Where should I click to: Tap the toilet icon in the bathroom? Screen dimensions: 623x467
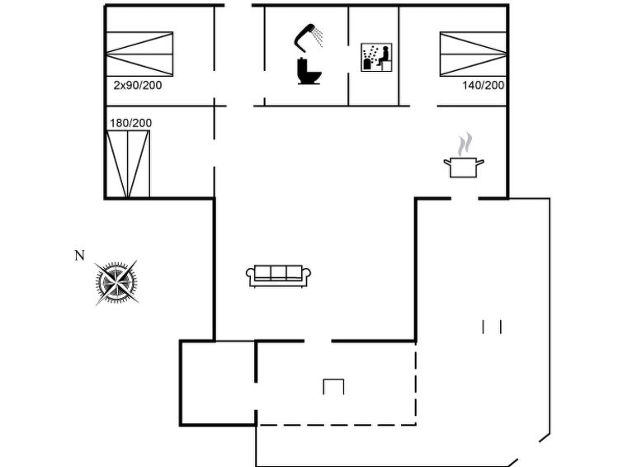[309, 71]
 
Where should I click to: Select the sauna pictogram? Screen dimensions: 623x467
[376, 57]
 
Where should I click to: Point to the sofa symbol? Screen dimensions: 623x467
[279, 276]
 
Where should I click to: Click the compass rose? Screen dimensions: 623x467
[116, 282]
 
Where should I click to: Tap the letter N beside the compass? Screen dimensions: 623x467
[80, 256]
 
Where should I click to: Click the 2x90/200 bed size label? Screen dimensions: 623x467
[138, 85]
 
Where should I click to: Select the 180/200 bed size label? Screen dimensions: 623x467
[130, 123]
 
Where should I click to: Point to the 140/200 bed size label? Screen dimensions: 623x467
[484, 85]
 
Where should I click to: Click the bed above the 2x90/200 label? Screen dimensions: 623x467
[139, 54]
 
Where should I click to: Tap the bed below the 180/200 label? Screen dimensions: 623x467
[128, 164]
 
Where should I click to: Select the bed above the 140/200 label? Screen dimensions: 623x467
[473, 54]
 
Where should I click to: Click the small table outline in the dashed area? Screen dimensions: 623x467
[333, 387]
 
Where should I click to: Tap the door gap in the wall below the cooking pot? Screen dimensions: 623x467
[465, 198]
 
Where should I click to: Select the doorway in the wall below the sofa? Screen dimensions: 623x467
[318, 341]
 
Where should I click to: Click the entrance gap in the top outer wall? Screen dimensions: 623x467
[238, 5]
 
